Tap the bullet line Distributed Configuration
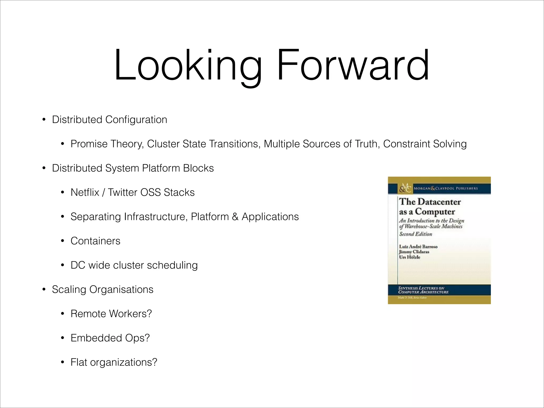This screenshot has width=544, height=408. (109, 120)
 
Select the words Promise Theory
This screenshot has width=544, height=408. (107, 144)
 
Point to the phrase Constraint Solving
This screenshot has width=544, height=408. (425, 144)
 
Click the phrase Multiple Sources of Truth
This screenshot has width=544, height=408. (322, 144)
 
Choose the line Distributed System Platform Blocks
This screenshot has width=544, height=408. (133, 168)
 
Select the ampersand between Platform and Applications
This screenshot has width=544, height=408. (235, 217)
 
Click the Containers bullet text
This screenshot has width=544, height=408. (95, 241)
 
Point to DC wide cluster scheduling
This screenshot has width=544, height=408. (134, 265)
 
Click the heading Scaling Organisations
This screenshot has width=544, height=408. (103, 290)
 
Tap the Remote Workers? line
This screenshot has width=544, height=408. (111, 314)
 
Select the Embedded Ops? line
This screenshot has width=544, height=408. (110, 338)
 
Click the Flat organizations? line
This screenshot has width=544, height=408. (114, 362)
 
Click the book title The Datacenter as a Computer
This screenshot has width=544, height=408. (430, 207)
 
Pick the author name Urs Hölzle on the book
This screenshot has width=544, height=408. (410, 257)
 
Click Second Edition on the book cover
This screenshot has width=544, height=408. (416, 234)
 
